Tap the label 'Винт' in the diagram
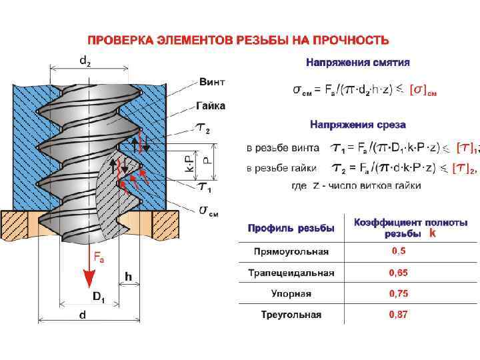coord(212,82)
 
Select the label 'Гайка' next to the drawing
coord(211,105)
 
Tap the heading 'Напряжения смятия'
coord(357,63)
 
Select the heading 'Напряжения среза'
coord(358,125)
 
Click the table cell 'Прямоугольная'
coord(291,251)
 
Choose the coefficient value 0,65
coord(399,273)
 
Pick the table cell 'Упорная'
coord(291,294)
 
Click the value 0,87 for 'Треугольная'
coord(399,315)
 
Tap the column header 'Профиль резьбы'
coord(291,228)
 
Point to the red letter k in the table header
coord(433,234)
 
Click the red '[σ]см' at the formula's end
coord(423,89)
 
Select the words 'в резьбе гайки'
coord(275,168)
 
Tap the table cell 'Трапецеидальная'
coord(291,273)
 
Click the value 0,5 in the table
coord(399,251)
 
